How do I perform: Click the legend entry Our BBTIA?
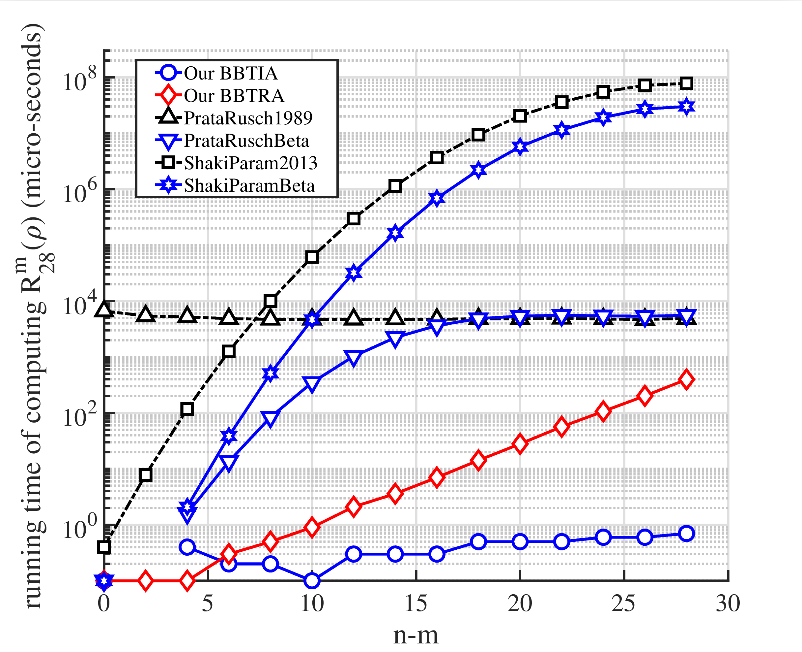point(231,73)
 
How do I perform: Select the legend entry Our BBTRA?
point(234,96)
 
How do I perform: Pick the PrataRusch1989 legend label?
point(248,118)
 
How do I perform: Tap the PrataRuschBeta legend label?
point(246,141)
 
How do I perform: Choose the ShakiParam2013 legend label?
point(250,163)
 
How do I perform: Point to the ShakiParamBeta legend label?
point(249,185)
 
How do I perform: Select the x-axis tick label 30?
point(728,603)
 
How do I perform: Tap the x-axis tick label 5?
point(208,603)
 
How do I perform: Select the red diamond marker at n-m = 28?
point(686,380)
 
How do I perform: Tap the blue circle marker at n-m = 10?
point(312,581)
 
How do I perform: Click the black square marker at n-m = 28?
point(686,83)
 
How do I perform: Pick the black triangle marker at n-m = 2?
point(145,315)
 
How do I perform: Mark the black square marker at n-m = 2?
point(145,475)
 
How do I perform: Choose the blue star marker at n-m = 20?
point(520,147)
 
